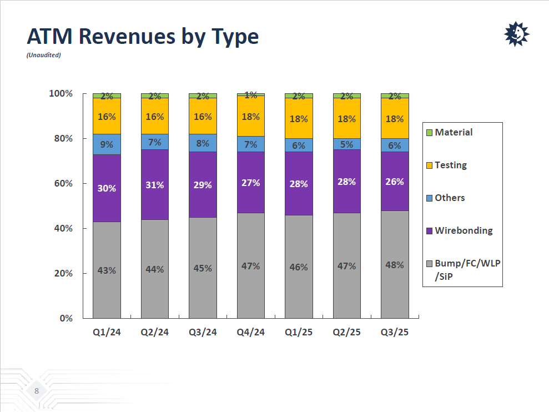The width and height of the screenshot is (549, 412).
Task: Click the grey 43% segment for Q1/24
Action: click(107, 270)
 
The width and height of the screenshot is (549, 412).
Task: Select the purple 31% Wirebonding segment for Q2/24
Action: click(155, 185)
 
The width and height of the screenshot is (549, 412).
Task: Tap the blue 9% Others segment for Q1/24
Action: click(107, 144)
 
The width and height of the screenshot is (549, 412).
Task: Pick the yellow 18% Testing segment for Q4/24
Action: click(251, 116)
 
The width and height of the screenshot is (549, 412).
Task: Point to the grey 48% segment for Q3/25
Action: click(395, 265)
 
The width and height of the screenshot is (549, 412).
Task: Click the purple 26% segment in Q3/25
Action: click(395, 182)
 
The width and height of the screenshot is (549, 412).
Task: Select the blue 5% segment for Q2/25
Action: click(347, 144)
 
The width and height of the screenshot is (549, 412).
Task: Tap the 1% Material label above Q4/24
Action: click(251, 95)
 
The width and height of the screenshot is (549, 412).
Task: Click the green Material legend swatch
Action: click(429, 133)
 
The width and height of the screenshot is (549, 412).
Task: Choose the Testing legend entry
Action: click(450, 165)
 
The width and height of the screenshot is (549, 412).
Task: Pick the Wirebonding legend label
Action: click(464, 230)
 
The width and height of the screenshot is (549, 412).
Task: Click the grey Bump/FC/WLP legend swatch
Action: click(429, 263)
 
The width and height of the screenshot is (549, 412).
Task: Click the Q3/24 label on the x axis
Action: click(203, 332)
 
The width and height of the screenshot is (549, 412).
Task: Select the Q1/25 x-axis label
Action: click(299, 332)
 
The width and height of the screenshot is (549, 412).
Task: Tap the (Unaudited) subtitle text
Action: click(44, 55)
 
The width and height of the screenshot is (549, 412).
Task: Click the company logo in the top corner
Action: click(516, 34)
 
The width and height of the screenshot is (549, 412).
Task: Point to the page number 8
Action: click(37, 391)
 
